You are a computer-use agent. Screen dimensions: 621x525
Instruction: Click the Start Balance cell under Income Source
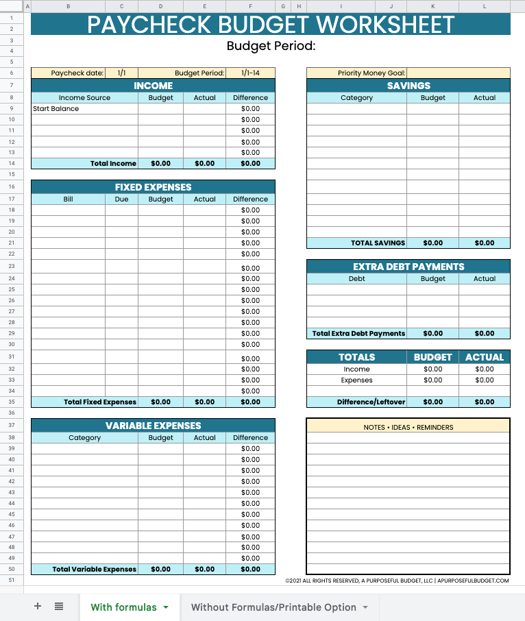56,108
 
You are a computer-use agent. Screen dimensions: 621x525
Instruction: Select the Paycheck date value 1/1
122,73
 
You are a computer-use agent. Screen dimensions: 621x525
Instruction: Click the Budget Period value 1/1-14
250,73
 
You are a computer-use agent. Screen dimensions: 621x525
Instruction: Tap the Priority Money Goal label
371,73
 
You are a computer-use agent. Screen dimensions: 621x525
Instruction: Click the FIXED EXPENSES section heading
153,187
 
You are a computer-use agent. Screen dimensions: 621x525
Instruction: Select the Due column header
121,199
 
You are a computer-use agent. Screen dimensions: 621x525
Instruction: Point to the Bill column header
68,199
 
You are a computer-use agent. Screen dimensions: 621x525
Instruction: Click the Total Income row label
113,163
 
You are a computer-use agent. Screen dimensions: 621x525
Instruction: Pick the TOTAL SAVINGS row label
378,243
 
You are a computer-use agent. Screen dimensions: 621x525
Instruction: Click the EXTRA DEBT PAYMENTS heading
408,267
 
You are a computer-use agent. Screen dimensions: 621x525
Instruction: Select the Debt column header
356,278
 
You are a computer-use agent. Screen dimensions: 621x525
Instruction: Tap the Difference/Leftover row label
371,402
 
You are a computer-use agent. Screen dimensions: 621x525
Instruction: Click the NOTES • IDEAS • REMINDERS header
408,427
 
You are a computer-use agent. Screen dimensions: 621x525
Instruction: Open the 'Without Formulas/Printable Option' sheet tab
273,607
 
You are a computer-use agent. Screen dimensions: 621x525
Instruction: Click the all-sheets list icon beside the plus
59,607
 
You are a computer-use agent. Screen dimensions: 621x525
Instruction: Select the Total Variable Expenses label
95,569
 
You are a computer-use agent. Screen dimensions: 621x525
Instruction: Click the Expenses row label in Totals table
356,380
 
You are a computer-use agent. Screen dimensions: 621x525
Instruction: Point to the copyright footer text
397,581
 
